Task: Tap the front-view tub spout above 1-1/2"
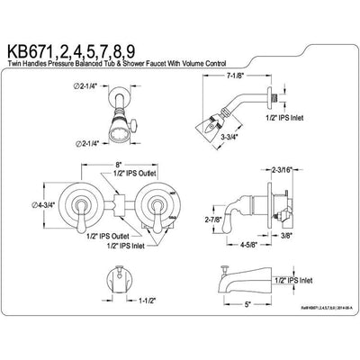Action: click(x=116, y=283)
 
